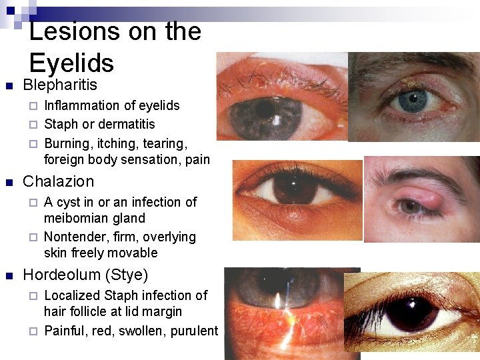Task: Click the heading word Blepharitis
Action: click(60, 85)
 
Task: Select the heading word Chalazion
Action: click(59, 181)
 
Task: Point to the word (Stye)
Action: click(130, 275)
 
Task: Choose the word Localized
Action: click(72, 295)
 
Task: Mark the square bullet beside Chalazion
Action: click(9, 182)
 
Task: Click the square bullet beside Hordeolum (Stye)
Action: click(9, 275)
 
